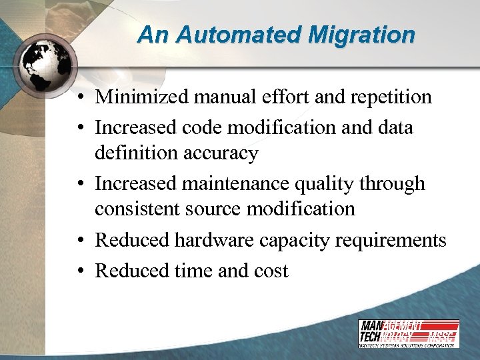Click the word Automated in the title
tap(235, 35)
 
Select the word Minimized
tap(142, 97)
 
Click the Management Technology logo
tap(408, 333)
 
